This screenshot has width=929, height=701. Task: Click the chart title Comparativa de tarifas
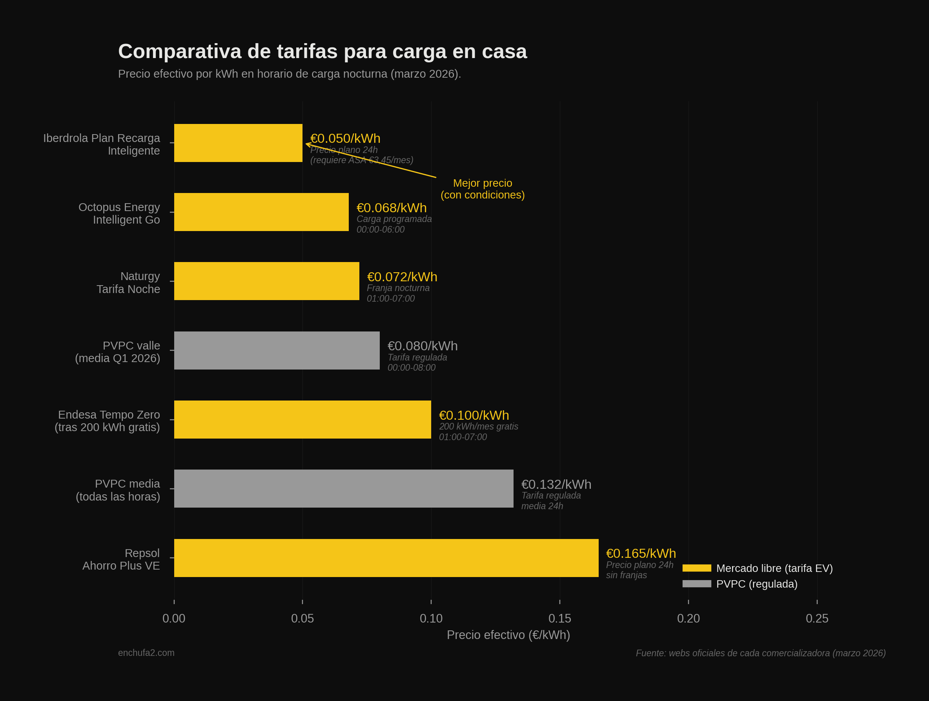[322, 52]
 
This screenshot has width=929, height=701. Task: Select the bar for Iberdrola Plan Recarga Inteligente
[238, 143]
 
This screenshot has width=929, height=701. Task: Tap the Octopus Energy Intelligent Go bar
[261, 212]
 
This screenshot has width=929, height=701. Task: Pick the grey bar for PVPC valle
[277, 350]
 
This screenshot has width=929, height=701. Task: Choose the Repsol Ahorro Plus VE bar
[386, 558]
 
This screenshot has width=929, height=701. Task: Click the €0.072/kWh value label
[402, 277]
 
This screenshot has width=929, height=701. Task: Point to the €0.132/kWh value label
[556, 484]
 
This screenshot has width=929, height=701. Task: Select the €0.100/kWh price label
[474, 415]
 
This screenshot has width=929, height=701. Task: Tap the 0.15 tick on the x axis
[560, 618]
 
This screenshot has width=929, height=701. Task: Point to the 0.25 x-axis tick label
[817, 618]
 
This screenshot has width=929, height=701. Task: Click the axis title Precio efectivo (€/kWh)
[508, 635]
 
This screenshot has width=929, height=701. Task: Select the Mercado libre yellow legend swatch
[697, 568]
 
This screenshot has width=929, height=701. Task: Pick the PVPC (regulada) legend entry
[756, 584]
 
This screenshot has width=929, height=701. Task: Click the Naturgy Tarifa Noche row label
[128, 283]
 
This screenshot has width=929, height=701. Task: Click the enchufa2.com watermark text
[146, 653]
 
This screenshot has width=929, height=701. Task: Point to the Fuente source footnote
[761, 653]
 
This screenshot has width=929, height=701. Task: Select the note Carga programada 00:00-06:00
[393, 224]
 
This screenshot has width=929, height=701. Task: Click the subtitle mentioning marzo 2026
[290, 74]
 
